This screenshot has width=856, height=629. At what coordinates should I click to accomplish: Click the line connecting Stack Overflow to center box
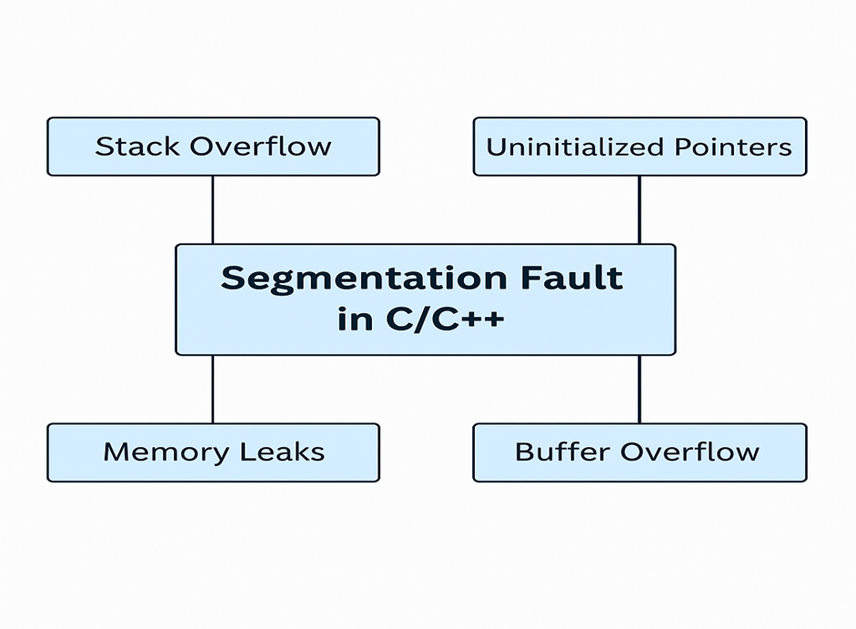[x=213, y=209]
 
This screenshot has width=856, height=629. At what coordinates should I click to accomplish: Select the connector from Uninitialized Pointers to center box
[x=639, y=209]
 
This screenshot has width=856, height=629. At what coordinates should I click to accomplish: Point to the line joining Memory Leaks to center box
[x=213, y=389]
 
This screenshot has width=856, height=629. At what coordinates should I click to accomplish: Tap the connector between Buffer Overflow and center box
[x=639, y=389]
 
